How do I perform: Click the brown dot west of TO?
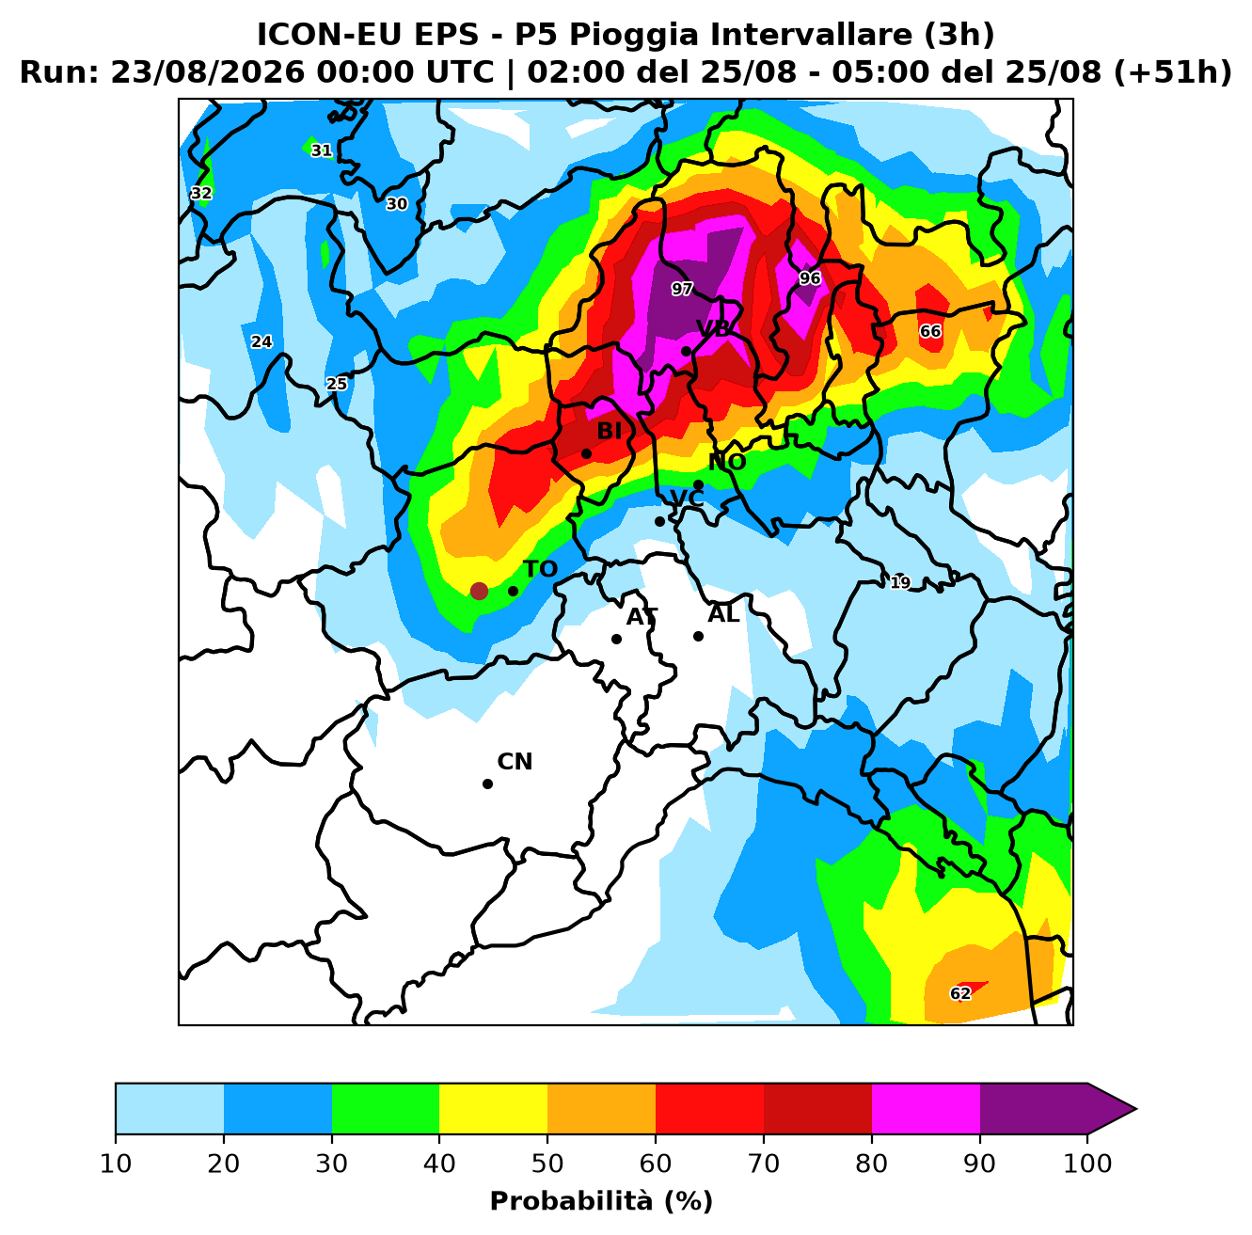(x=479, y=591)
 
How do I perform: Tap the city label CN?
(x=515, y=762)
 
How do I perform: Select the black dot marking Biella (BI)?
(x=586, y=453)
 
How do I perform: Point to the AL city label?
(x=723, y=614)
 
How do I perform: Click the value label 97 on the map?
(x=682, y=289)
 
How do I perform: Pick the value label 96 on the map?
(x=810, y=278)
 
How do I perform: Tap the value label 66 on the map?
(x=930, y=331)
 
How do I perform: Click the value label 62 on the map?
(x=960, y=994)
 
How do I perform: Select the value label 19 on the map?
(x=900, y=582)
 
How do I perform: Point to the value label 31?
(x=322, y=150)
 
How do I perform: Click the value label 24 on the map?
(x=261, y=341)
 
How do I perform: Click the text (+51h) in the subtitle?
(x=1172, y=72)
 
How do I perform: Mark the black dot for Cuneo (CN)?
(x=487, y=784)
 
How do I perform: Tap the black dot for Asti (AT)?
(x=616, y=639)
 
